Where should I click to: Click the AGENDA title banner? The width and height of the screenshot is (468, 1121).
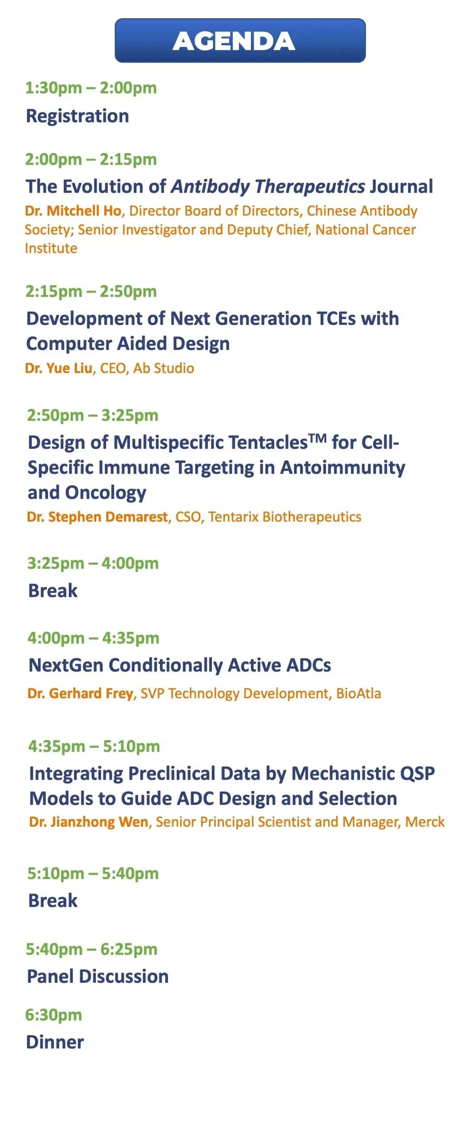pyautogui.click(x=240, y=40)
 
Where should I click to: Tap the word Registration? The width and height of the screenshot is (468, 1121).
pyautogui.click(x=78, y=116)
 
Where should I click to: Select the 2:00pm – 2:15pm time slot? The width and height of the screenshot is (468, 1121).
pyautogui.click(x=91, y=159)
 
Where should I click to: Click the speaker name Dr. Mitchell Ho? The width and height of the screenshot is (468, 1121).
pyautogui.click(x=73, y=211)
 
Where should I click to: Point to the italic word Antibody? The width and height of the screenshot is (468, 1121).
pyautogui.click(x=210, y=186)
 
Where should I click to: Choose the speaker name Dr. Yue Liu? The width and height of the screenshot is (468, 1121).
pyautogui.click(x=59, y=368)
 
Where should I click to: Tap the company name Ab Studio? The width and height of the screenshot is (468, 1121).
pyautogui.click(x=163, y=368)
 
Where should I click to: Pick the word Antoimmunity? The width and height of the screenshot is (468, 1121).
pyautogui.click(x=343, y=467)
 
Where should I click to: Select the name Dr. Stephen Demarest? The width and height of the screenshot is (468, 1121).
pyautogui.click(x=97, y=516)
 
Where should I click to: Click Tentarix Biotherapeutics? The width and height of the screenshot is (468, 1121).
pyautogui.click(x=285, y=516)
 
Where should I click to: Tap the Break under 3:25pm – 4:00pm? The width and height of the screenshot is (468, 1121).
pyautogui.click(x=52, y=591)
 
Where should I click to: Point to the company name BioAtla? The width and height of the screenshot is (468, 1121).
pyautogui.click(x=358, y=693)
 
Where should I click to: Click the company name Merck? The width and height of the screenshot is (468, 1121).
pyautogui.click(x=425, y=822)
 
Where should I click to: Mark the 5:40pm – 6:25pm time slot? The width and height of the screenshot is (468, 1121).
pyautogui.click(x=92, y=949)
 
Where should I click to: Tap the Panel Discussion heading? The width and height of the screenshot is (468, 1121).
pyautogui.click(x=98, y=976)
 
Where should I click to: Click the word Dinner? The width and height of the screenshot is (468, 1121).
pyautogui.click(x=55, y=1042)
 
